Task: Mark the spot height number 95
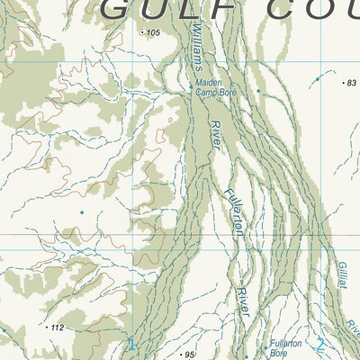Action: click(x=189, y=355)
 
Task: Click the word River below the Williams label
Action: click(x=216, y=135)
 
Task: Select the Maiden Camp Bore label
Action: click(x=215, y=87)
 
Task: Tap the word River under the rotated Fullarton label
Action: click(x=242, y=300)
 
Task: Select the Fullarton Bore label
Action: click(x=283, y=348)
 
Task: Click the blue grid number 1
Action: click(x=131, y=344)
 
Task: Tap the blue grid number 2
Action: click(x=320, y=344)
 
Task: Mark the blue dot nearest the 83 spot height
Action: click(x=317, y=79)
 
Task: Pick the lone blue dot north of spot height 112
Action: click(x=81, y=212)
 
